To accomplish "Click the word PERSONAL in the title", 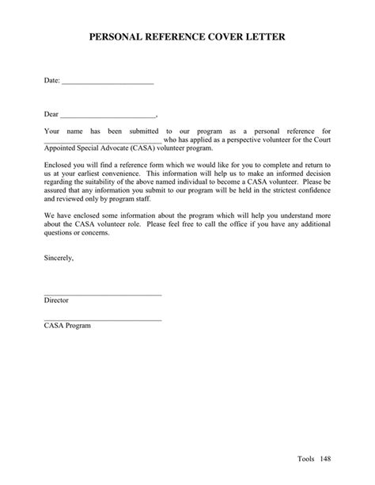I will (x=116, y=36).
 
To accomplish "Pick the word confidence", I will (x=310, y=190).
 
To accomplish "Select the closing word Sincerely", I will (x=59, y=258).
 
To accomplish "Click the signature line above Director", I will (x=103, y=295).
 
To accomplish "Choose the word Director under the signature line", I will (x=57, y=301).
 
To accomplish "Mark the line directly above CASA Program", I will (x=103, y=320).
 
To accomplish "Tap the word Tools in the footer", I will (x=307, y=458).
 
